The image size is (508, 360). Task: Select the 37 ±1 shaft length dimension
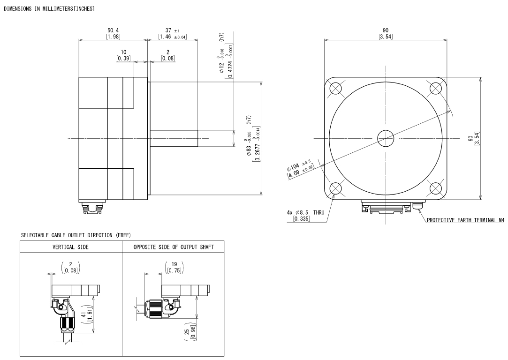172,34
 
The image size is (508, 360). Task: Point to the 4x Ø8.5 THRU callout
305,216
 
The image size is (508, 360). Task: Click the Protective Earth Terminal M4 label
466,220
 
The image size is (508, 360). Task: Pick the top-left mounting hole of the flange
335,88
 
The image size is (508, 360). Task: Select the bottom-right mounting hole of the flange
436,188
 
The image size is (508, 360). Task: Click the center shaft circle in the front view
386,139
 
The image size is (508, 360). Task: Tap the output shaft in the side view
174,138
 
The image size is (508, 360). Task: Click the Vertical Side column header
71,247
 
